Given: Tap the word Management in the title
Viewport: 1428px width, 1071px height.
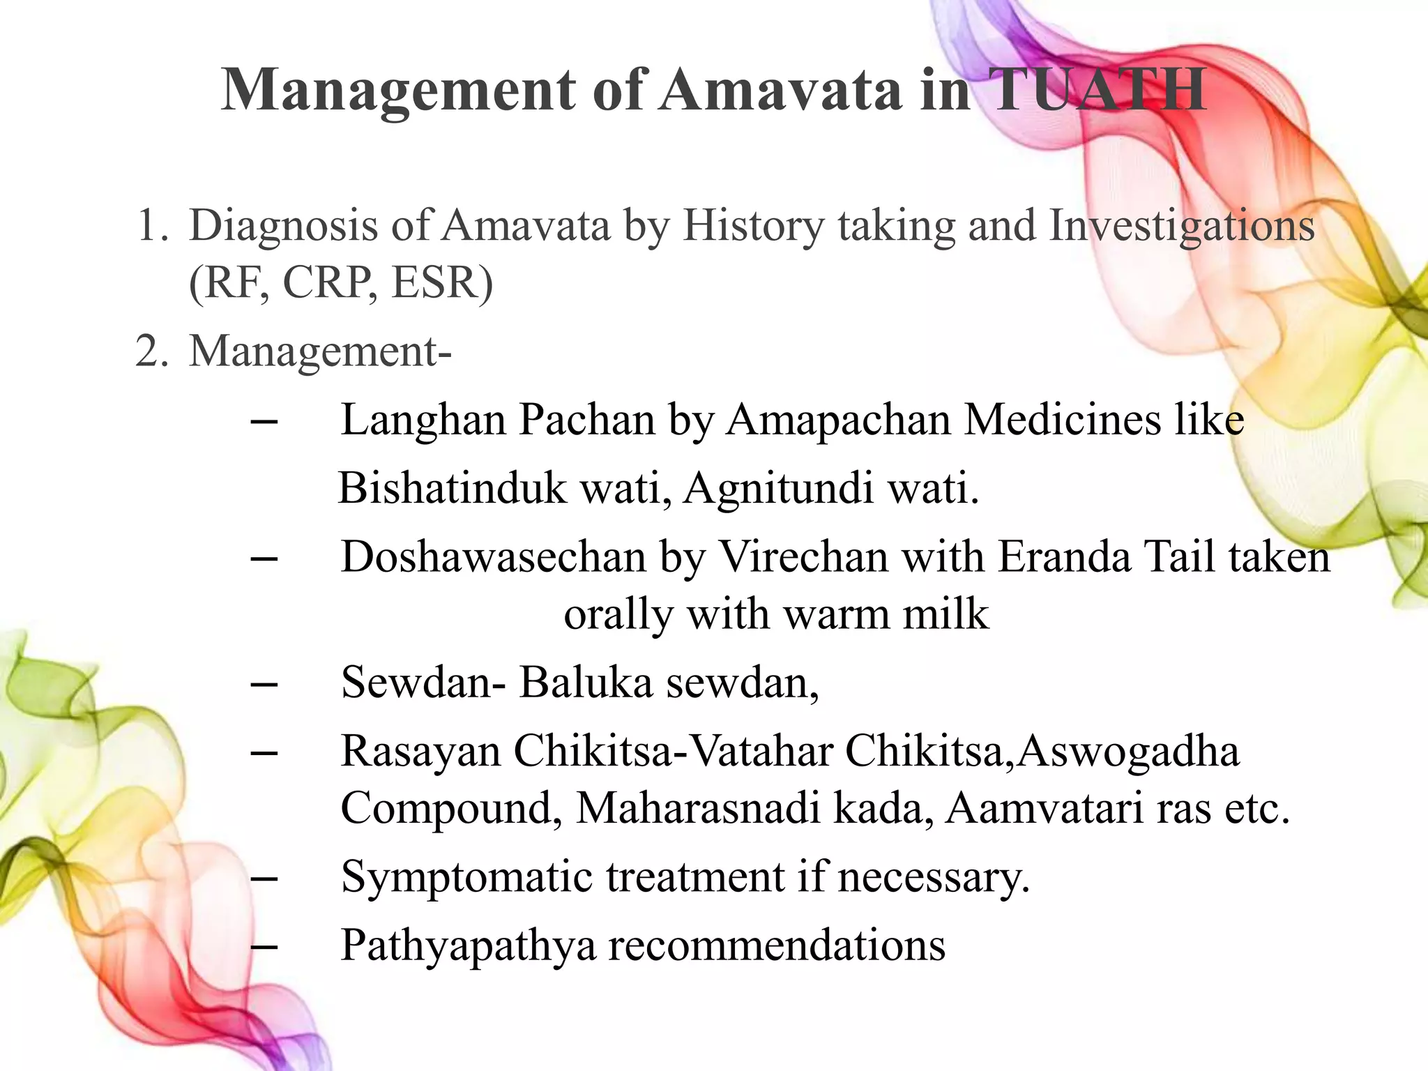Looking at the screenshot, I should [x=398, y=90].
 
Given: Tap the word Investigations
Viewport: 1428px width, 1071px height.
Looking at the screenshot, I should [x=1182, y=226].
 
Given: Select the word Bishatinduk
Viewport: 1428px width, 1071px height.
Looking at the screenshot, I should [x=453, y=487].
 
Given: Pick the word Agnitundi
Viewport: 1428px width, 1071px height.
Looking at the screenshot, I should [x=778, y=487].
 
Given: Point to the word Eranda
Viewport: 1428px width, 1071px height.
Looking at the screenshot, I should [x=1064, y=557].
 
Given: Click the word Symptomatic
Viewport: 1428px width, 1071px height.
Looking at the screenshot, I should [x=466, y=876].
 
